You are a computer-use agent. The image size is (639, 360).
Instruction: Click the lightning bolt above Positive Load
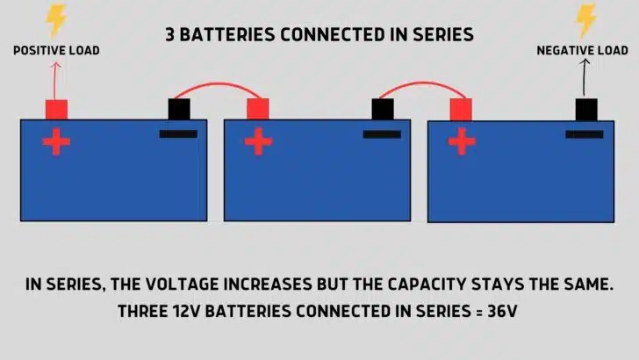tap(56, 20)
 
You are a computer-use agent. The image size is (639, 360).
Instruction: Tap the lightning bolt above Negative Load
tap(585, 20)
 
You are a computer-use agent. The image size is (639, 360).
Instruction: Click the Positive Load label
tap(56, 51)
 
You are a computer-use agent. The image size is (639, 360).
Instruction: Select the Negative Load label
tap(582, 51)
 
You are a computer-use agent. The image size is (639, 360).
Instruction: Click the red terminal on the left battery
tap(56, 109)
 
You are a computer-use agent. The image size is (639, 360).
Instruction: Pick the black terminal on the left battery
tap(179, 109)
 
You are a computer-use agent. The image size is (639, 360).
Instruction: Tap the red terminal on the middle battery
tap(258, 109)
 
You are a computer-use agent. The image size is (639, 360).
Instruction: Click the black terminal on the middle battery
tap(382, 109)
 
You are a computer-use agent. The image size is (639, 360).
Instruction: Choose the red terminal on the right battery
tap(461, 109)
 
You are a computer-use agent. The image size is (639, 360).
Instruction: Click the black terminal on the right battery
tap(586, 109)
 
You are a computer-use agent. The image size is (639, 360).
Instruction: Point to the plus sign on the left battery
tap(56, 142)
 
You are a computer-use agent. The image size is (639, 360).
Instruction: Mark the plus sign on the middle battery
tap(258, 142)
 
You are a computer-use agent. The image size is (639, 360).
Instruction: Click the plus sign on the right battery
tap(461, 142)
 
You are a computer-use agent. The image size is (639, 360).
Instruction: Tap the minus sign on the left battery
tap(178, 134)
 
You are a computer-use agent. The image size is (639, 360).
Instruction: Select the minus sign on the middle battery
tap(382, 134)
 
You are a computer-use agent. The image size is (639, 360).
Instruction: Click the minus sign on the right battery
tap(585, 134)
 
